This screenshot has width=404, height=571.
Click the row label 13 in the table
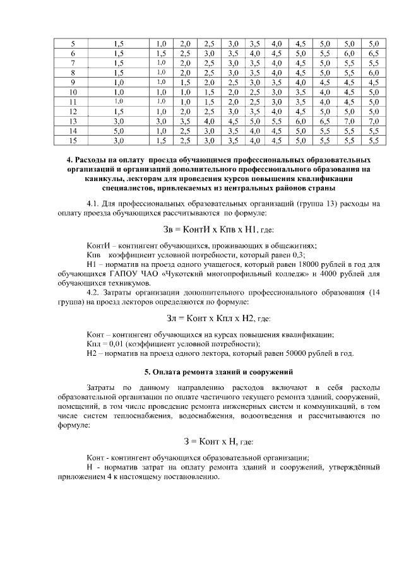point(73,120)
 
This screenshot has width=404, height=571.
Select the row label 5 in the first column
point(73,44)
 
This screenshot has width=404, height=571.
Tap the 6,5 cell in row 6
point(373,54)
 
